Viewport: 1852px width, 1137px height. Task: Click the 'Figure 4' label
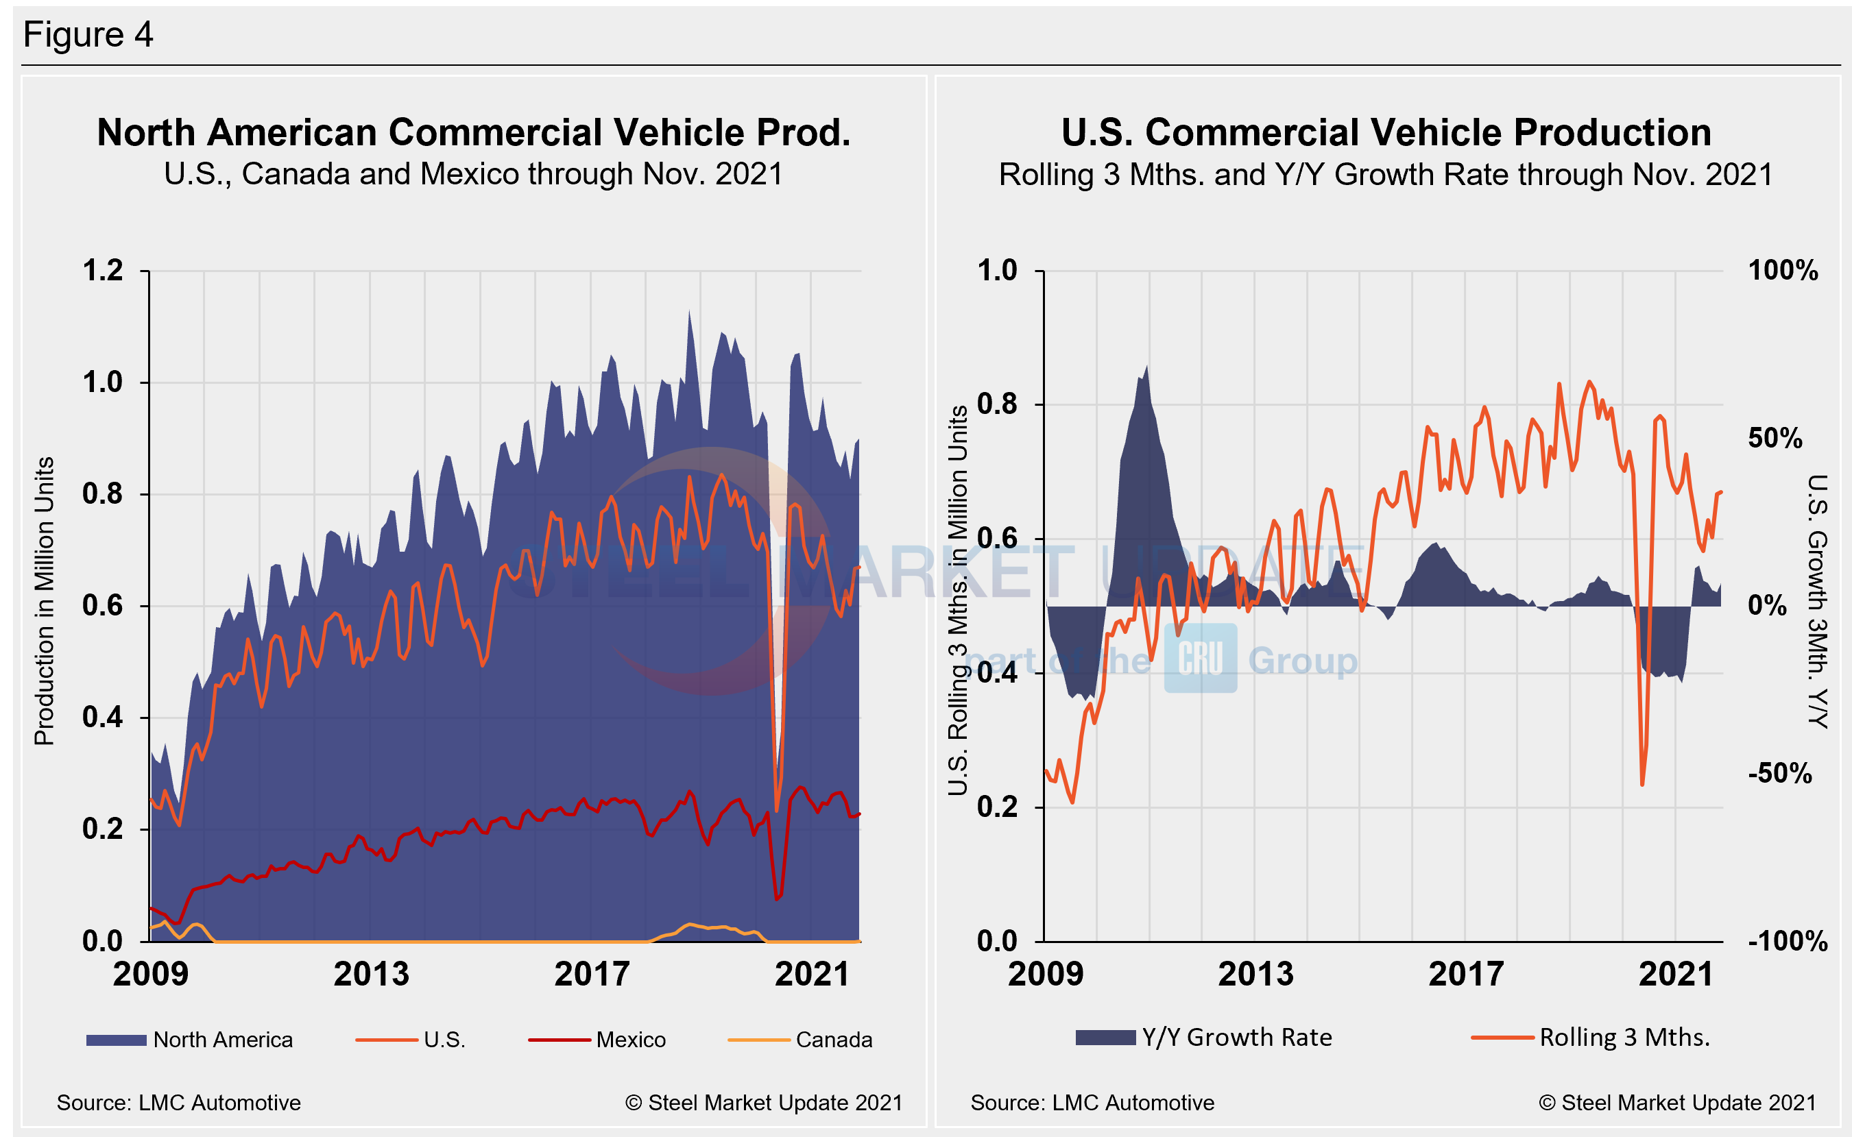tap(88, 34)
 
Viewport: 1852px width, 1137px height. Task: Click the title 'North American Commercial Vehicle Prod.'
tap(473, 132)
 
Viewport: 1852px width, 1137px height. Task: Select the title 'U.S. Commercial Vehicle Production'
tap(1386, 132)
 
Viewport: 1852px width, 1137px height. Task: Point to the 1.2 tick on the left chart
tap(102, 271)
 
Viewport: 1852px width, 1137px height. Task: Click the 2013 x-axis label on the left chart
tap(371, 975)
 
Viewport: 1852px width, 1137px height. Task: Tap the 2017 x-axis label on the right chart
tap(1465, 975)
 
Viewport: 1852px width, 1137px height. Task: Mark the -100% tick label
tap(1788, 942)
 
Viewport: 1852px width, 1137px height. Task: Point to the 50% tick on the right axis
tap(1775, 439)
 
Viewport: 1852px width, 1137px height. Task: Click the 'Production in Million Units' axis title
tap(45, 601)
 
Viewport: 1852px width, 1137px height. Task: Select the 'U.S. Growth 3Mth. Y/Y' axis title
tap(1818, 601)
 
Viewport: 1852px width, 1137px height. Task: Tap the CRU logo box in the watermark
tap(1200, 658)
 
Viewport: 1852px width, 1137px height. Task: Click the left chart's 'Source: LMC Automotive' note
tap(178, 1103)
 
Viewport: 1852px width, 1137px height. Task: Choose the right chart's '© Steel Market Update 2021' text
tap(1676, 1103)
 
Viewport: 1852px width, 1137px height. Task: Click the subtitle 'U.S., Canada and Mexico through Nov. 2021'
tap(473, 175)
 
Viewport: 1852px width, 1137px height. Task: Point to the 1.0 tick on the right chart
tap(997, 271)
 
